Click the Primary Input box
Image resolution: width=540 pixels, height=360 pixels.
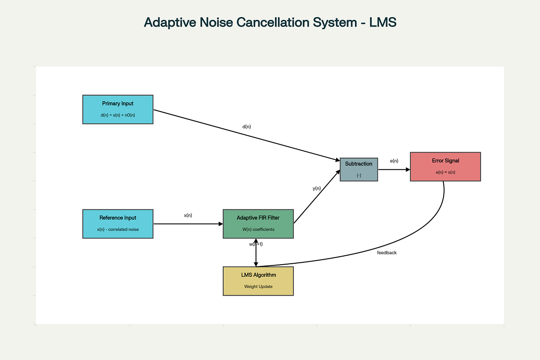pos(118,109)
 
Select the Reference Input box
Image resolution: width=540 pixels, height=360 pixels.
pos(118,224)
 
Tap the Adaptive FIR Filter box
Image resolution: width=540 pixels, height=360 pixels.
pos(258,224)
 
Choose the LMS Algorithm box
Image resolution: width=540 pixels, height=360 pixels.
pos(258,281)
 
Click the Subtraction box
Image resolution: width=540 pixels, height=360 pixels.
pos(359,170)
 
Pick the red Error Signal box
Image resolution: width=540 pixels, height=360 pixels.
pos(445,166)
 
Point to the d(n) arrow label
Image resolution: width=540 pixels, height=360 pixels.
pos(247,126)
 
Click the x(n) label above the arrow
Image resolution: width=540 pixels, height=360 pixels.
pos(188,215)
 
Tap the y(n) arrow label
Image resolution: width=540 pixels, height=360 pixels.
pos(317,188)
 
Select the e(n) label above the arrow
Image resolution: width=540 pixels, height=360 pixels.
pos(394,161)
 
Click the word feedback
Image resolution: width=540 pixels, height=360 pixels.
pos(387,253)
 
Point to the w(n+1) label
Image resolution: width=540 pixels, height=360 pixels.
pos(256,244)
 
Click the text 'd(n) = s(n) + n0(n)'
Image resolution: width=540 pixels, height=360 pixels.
pos(118,115)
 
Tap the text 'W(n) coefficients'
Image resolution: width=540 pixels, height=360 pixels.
pos(258,229)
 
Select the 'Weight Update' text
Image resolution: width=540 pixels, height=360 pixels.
pos(258,287)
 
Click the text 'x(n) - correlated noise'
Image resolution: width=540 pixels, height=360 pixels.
pos(118,229)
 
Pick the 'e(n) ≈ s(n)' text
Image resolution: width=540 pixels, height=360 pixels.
pos(445,172)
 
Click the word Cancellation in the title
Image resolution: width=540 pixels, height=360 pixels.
pos(272,22)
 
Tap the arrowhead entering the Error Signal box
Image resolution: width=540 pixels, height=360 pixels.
pos(408,170)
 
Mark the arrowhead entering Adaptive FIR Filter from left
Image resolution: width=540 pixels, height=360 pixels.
pos(221,224)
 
